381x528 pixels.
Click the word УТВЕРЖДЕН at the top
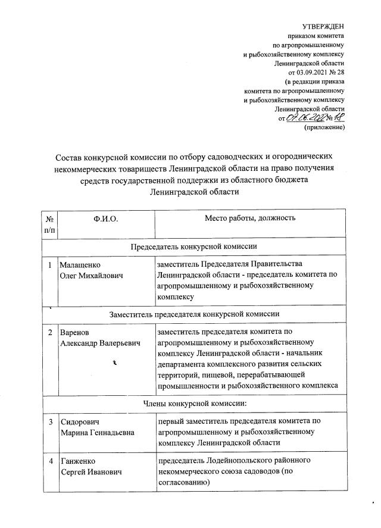[x=323, y=27]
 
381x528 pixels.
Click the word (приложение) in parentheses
[x=325, y=127]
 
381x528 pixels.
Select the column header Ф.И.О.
[x=106, y=218]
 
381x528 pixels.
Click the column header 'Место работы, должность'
[x=250, y=218]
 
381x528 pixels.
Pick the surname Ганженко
[x=78, y=462]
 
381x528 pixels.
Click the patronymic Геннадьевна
[x=113, y=433]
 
